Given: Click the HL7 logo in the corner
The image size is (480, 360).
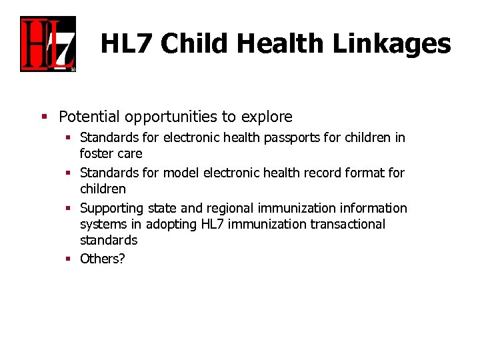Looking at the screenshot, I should tap(48, 44).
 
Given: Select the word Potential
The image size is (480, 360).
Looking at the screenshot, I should tap(89, 117).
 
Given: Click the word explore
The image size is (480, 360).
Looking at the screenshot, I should tap(266, 117).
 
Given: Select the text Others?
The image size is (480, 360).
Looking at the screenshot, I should tap(102, 259).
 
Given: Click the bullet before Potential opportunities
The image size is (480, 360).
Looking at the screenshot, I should tap(44, 117).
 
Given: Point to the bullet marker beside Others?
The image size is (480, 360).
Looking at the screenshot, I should tap(69, 259).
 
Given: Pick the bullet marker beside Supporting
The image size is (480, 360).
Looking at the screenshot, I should tap(69, 209).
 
